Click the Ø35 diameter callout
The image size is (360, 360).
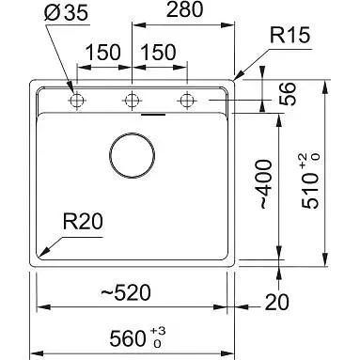pyautogui.click(x=67, y=13)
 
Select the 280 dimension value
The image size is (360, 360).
pyautogui.click(x=184, y=9)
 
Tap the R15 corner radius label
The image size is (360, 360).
pyautogui.click(x=290, y=35)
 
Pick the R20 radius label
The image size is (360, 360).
pyautogui.click(x=83, y=221)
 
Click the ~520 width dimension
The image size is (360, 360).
pyautogui.click(x=125, y=292)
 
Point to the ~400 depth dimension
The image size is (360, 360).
pyautogui.click(x=264, y=184)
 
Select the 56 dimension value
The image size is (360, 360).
pyautogui.click(x=288, y=94)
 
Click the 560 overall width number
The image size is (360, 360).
pyautogui.click(x=128, y=338)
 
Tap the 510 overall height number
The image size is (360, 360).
pyautogui.click(x=310, y=192)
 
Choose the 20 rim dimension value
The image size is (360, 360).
pyautogui.click(x=277, y=302)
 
